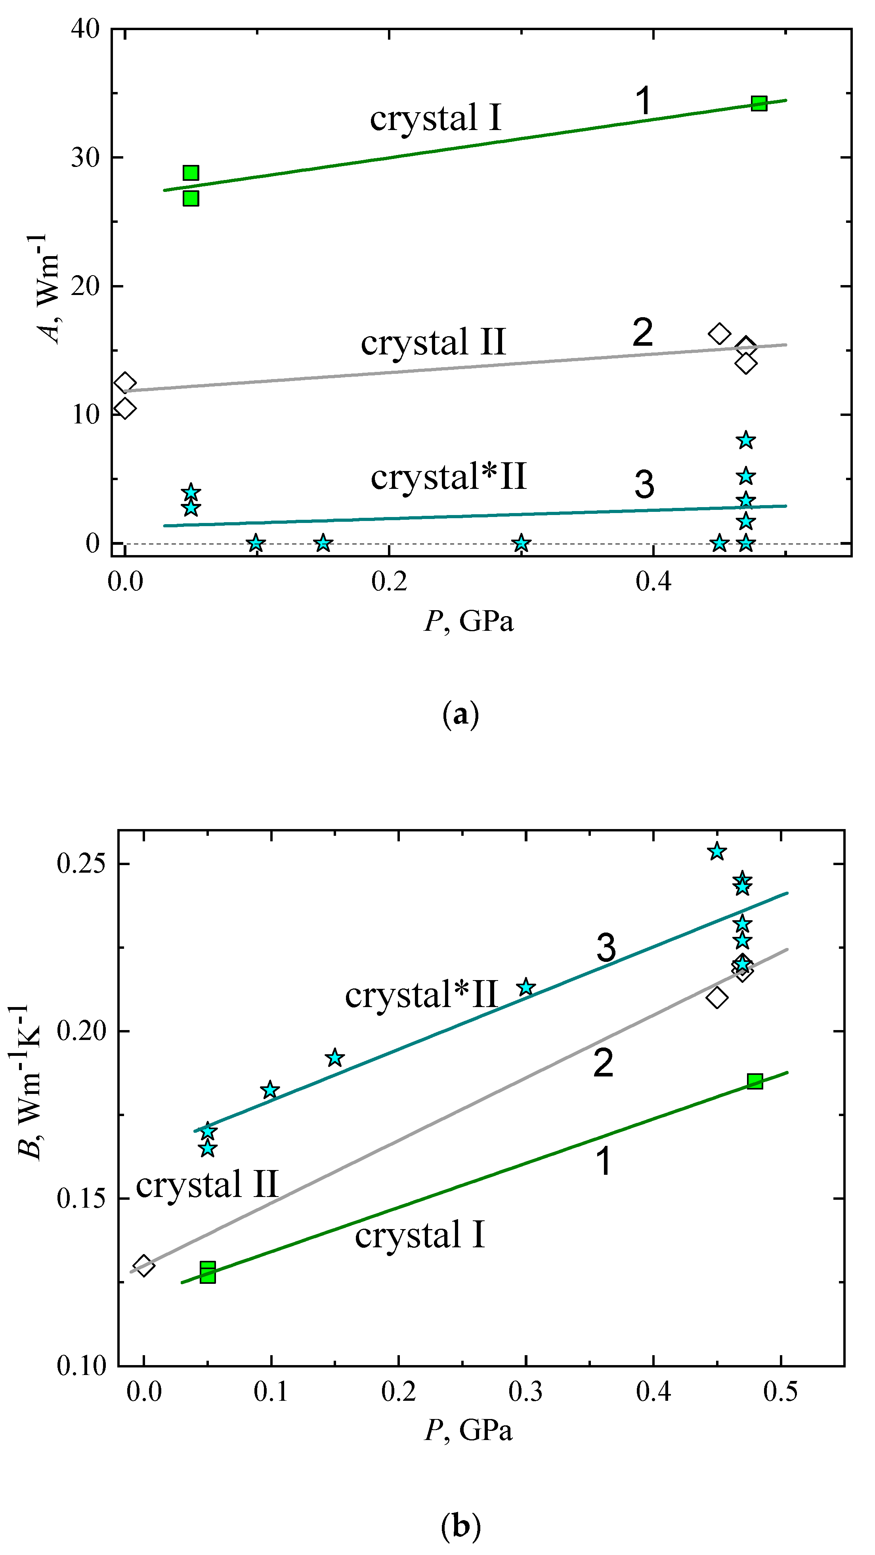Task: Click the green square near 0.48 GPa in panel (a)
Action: point(758,103)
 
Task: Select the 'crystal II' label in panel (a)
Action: point(433,342)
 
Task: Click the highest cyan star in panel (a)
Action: point(746,440)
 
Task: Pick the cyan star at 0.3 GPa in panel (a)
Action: point(522,543)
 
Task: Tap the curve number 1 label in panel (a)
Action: point(644,100)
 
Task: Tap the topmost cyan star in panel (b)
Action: point(717,852)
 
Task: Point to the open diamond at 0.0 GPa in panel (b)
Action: point(143,1266)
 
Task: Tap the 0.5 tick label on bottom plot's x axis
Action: point(780,1391)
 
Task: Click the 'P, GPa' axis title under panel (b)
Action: point(468,1430)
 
